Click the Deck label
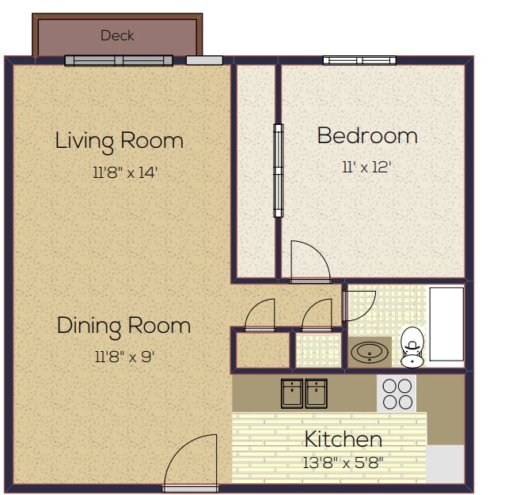[x=117, y=36]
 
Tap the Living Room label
[x=119, y=142]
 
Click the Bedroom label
[x=366, y=136]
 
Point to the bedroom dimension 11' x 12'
[x=366, y=167]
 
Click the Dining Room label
[x=123, y=326]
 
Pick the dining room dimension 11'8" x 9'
[x=123, y=357]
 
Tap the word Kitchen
[x=343, y=440]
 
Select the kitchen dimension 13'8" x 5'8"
[x=343, y=463]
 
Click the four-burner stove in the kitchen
[x=397, y=393]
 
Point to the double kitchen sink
[x=305, y=392]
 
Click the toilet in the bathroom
[x=412, y=349]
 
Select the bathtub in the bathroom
[x=446, y=325]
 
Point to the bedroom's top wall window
[x=359, y=61]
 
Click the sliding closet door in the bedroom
[x=278, y=170]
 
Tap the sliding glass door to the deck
[x=118, y=61]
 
